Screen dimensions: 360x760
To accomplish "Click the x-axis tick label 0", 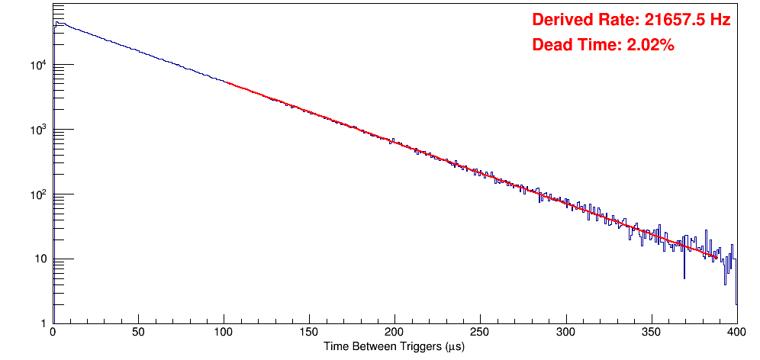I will (52, 333).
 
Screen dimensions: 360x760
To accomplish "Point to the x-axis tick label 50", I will (138, 333).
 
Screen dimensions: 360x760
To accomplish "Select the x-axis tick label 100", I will (224, 333).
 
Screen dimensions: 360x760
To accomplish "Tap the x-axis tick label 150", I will (309, 333).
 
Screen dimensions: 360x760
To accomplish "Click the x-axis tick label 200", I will (394, 333).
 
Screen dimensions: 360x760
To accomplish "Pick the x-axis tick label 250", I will (480, 333).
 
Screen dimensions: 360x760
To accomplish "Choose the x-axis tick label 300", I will (565, 333).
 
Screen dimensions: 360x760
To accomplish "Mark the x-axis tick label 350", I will (651, 333).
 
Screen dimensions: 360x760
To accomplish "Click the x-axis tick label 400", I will (736, 333).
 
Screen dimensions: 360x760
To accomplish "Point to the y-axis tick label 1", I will (44, 324).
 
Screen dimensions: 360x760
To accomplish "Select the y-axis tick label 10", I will (41, 259).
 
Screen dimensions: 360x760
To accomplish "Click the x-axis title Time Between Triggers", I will (394, 347).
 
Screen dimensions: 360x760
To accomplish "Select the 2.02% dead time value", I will (650, 46).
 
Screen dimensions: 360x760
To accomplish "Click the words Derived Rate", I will (581, 21).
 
